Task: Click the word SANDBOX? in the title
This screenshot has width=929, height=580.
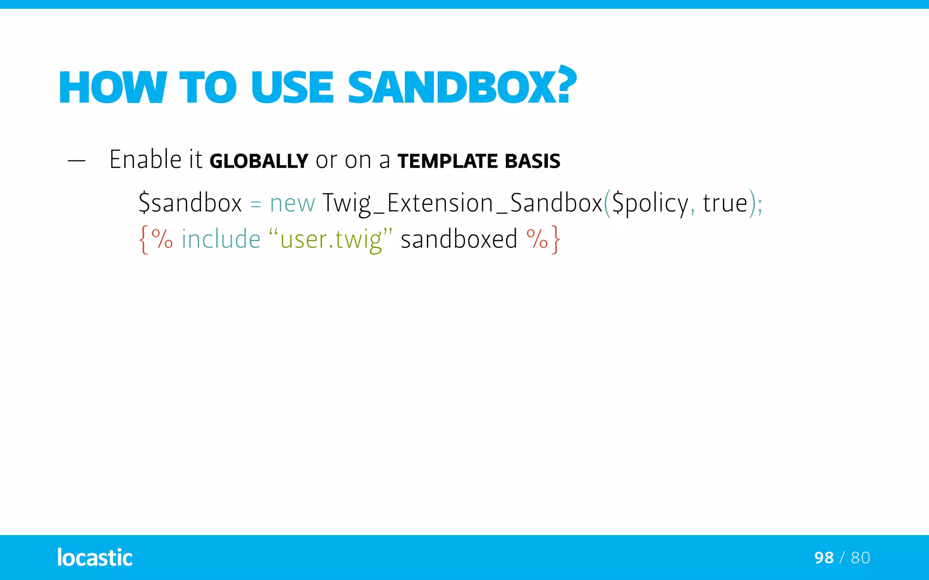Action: point(462,87)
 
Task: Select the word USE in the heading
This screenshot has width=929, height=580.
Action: point(292,87)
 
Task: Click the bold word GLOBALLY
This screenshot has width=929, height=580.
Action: point(259,161)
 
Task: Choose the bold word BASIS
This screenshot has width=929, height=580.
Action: point(533,161)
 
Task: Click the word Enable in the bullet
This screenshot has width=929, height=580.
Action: point(145,159)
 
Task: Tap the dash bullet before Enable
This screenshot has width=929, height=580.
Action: point(76,160)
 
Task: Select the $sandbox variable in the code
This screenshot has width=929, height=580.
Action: point(190,203)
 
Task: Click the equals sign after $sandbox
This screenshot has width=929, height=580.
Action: point(256,204)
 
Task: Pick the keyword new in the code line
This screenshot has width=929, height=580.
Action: point(292,203)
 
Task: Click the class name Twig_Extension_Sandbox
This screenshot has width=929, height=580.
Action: point(462,203)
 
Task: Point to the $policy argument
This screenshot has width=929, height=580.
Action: point(650,203)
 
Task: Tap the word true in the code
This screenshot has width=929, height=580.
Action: point(725,203)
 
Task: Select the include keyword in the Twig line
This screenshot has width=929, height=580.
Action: point(221,239)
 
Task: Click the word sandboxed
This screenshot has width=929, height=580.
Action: point(459,239)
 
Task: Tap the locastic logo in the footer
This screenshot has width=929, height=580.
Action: point(95,557)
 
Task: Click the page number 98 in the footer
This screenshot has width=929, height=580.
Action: point(824,557)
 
